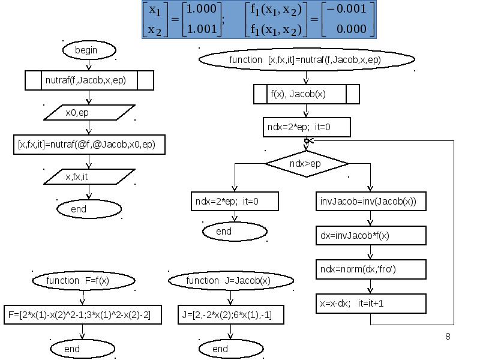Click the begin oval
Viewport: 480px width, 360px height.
86,50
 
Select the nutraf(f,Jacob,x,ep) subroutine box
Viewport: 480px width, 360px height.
89,80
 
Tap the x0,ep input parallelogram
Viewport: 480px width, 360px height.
89,112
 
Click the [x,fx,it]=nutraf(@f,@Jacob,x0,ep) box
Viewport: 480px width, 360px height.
89,145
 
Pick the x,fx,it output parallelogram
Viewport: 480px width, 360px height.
89,176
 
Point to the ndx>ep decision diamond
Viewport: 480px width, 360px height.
306,163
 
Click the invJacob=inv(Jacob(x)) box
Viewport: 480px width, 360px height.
370,202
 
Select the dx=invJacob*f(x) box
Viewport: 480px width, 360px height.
370,236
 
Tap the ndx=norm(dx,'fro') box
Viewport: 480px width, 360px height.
370,269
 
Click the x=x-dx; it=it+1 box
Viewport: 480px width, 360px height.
370,303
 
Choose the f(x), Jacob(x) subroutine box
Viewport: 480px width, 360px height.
306,94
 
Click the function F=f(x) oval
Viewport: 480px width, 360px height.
82,280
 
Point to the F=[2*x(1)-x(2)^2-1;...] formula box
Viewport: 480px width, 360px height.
82,314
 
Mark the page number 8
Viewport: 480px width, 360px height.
448,336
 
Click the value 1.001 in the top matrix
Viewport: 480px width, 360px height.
200,28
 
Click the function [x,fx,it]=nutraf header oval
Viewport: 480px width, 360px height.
306,59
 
